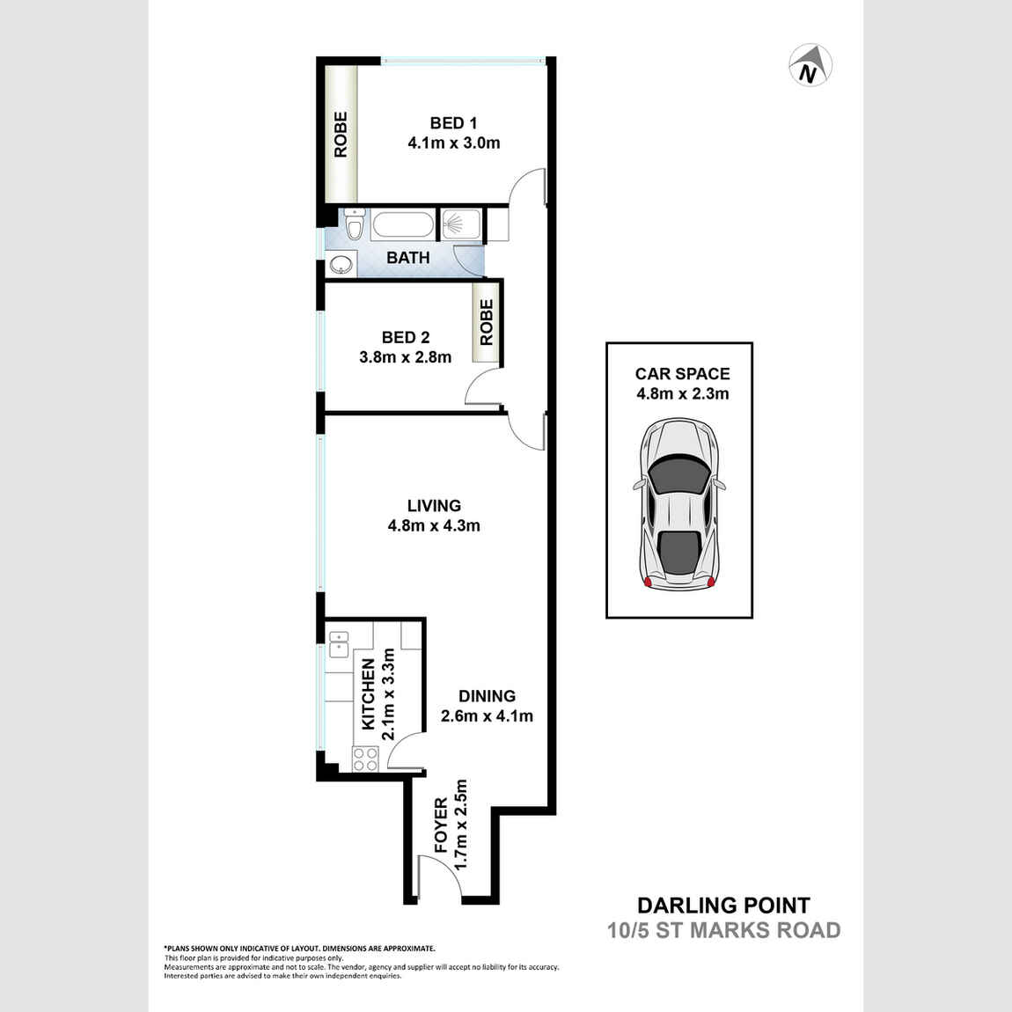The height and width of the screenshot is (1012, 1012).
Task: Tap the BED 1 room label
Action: pyautogui.click(x=453, y=123)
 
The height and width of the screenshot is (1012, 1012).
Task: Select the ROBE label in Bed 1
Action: pyautogui.click(x=341, y=135)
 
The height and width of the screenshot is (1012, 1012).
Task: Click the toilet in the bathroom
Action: pyautogui.click(x=355, y=226)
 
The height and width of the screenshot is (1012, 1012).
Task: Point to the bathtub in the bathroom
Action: pyautogui.click(x=402, y=224)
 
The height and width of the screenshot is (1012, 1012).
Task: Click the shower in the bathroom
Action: pyautogui.click(x=458, y=224)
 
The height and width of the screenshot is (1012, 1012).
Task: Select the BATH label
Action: pyautogui.click(x=408, y=258)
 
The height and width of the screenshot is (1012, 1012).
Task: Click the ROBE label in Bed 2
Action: pyautogui.click(x=487, y=322)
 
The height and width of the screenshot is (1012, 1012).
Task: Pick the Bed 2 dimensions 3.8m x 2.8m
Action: pyautogui.click(x=405, y=357)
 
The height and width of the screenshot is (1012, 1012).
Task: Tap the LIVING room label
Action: pyautogui.click(x=434, y=506)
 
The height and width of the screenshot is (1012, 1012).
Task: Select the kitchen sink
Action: pyautogui.click(x=338, y=645)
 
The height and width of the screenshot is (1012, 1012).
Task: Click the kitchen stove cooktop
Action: pyautogui.click(x=365, y=759)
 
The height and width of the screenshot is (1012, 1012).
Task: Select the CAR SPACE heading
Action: pyautogui.click(x=682, y=374)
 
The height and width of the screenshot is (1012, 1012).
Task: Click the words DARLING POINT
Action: pyautogui.click(x=723, y=906)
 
